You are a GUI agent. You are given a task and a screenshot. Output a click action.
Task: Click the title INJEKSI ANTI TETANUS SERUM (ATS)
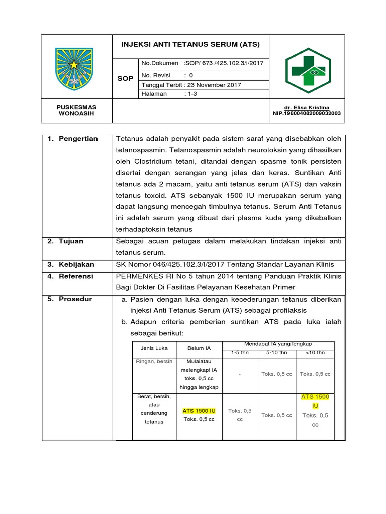(x=190, y=44)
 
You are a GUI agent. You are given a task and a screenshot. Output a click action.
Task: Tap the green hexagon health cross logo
(x=308, y=71)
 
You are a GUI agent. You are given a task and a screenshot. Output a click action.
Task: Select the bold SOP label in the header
(x=125, y=79)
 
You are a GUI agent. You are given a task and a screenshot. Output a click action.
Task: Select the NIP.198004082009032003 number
(x=306, y=113)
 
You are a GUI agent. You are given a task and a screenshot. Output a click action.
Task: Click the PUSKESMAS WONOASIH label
(x=76, y=110)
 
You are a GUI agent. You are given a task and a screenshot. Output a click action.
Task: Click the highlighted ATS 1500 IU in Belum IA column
(x=199, y=410)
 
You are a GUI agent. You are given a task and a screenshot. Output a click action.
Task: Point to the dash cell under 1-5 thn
(x=240, y=374)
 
